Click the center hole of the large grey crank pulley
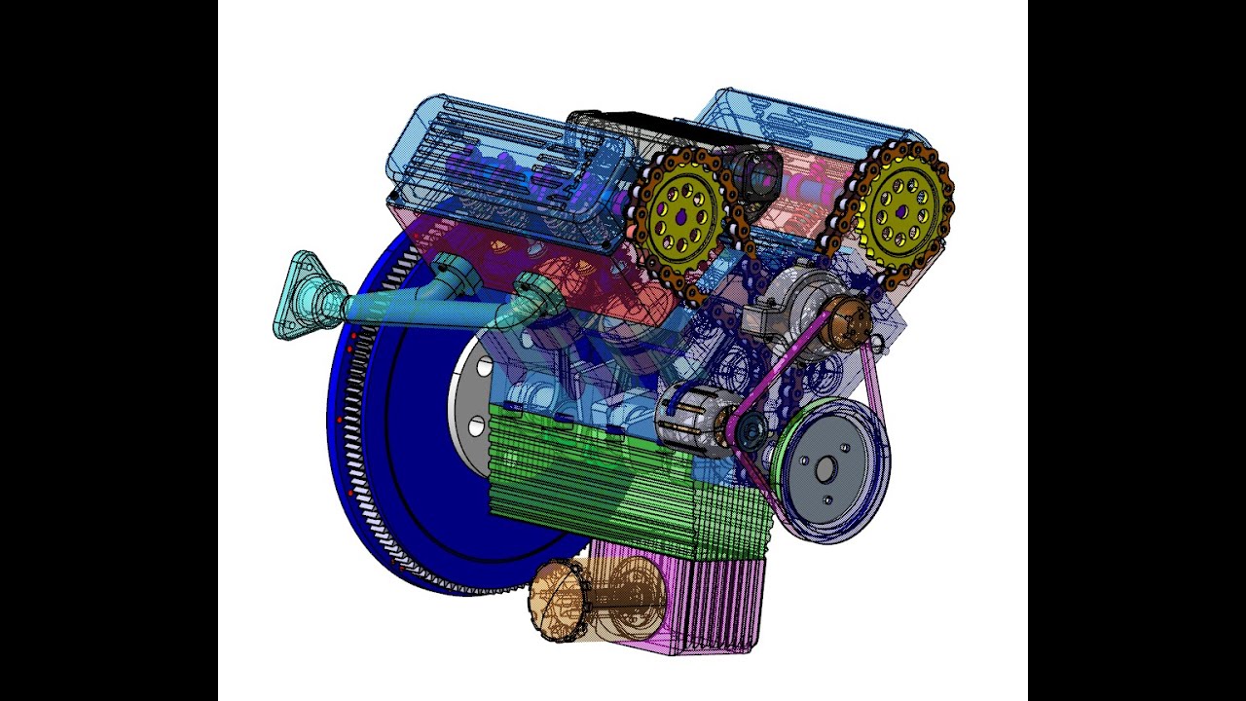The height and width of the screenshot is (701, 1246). click(825, 470)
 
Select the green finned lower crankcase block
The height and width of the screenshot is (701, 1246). click(623, 487)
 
